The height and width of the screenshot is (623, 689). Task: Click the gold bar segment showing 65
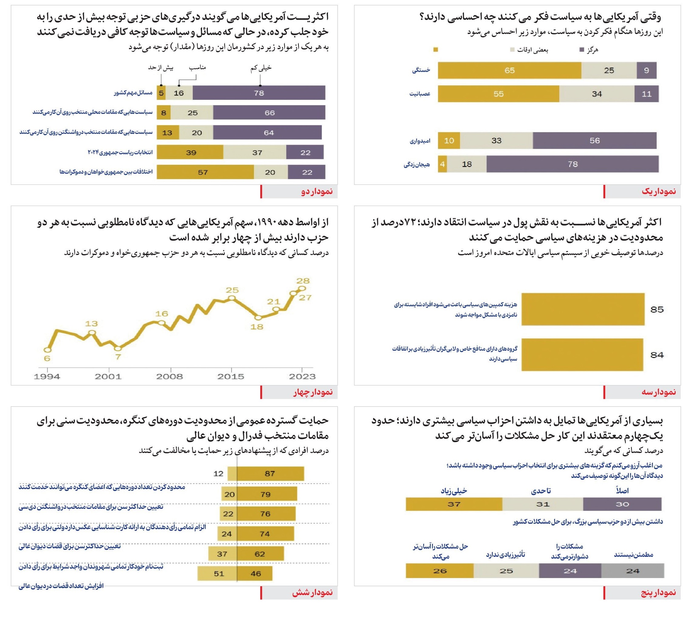[509, 70]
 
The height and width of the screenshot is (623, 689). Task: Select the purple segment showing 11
[646, 94]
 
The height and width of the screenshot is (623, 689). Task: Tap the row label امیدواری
[420, 141]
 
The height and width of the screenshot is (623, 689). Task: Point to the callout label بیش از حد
[161, 68]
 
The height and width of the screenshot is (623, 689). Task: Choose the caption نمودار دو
[317, 191]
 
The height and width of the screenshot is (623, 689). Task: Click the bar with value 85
[583, 309]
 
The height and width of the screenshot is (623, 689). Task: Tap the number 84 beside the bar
[657, 355]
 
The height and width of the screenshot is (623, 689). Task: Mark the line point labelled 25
[232, 298]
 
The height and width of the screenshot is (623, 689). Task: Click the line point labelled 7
[118, 349]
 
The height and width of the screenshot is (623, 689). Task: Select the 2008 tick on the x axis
[170, 376]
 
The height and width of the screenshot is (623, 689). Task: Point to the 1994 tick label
[47, 376]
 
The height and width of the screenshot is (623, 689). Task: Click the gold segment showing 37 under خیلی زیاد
[454, 504]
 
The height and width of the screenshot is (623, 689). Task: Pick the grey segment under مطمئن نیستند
[632, 571]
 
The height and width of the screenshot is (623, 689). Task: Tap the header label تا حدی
[541, 491]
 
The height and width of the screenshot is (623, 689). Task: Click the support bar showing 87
[270, 473]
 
